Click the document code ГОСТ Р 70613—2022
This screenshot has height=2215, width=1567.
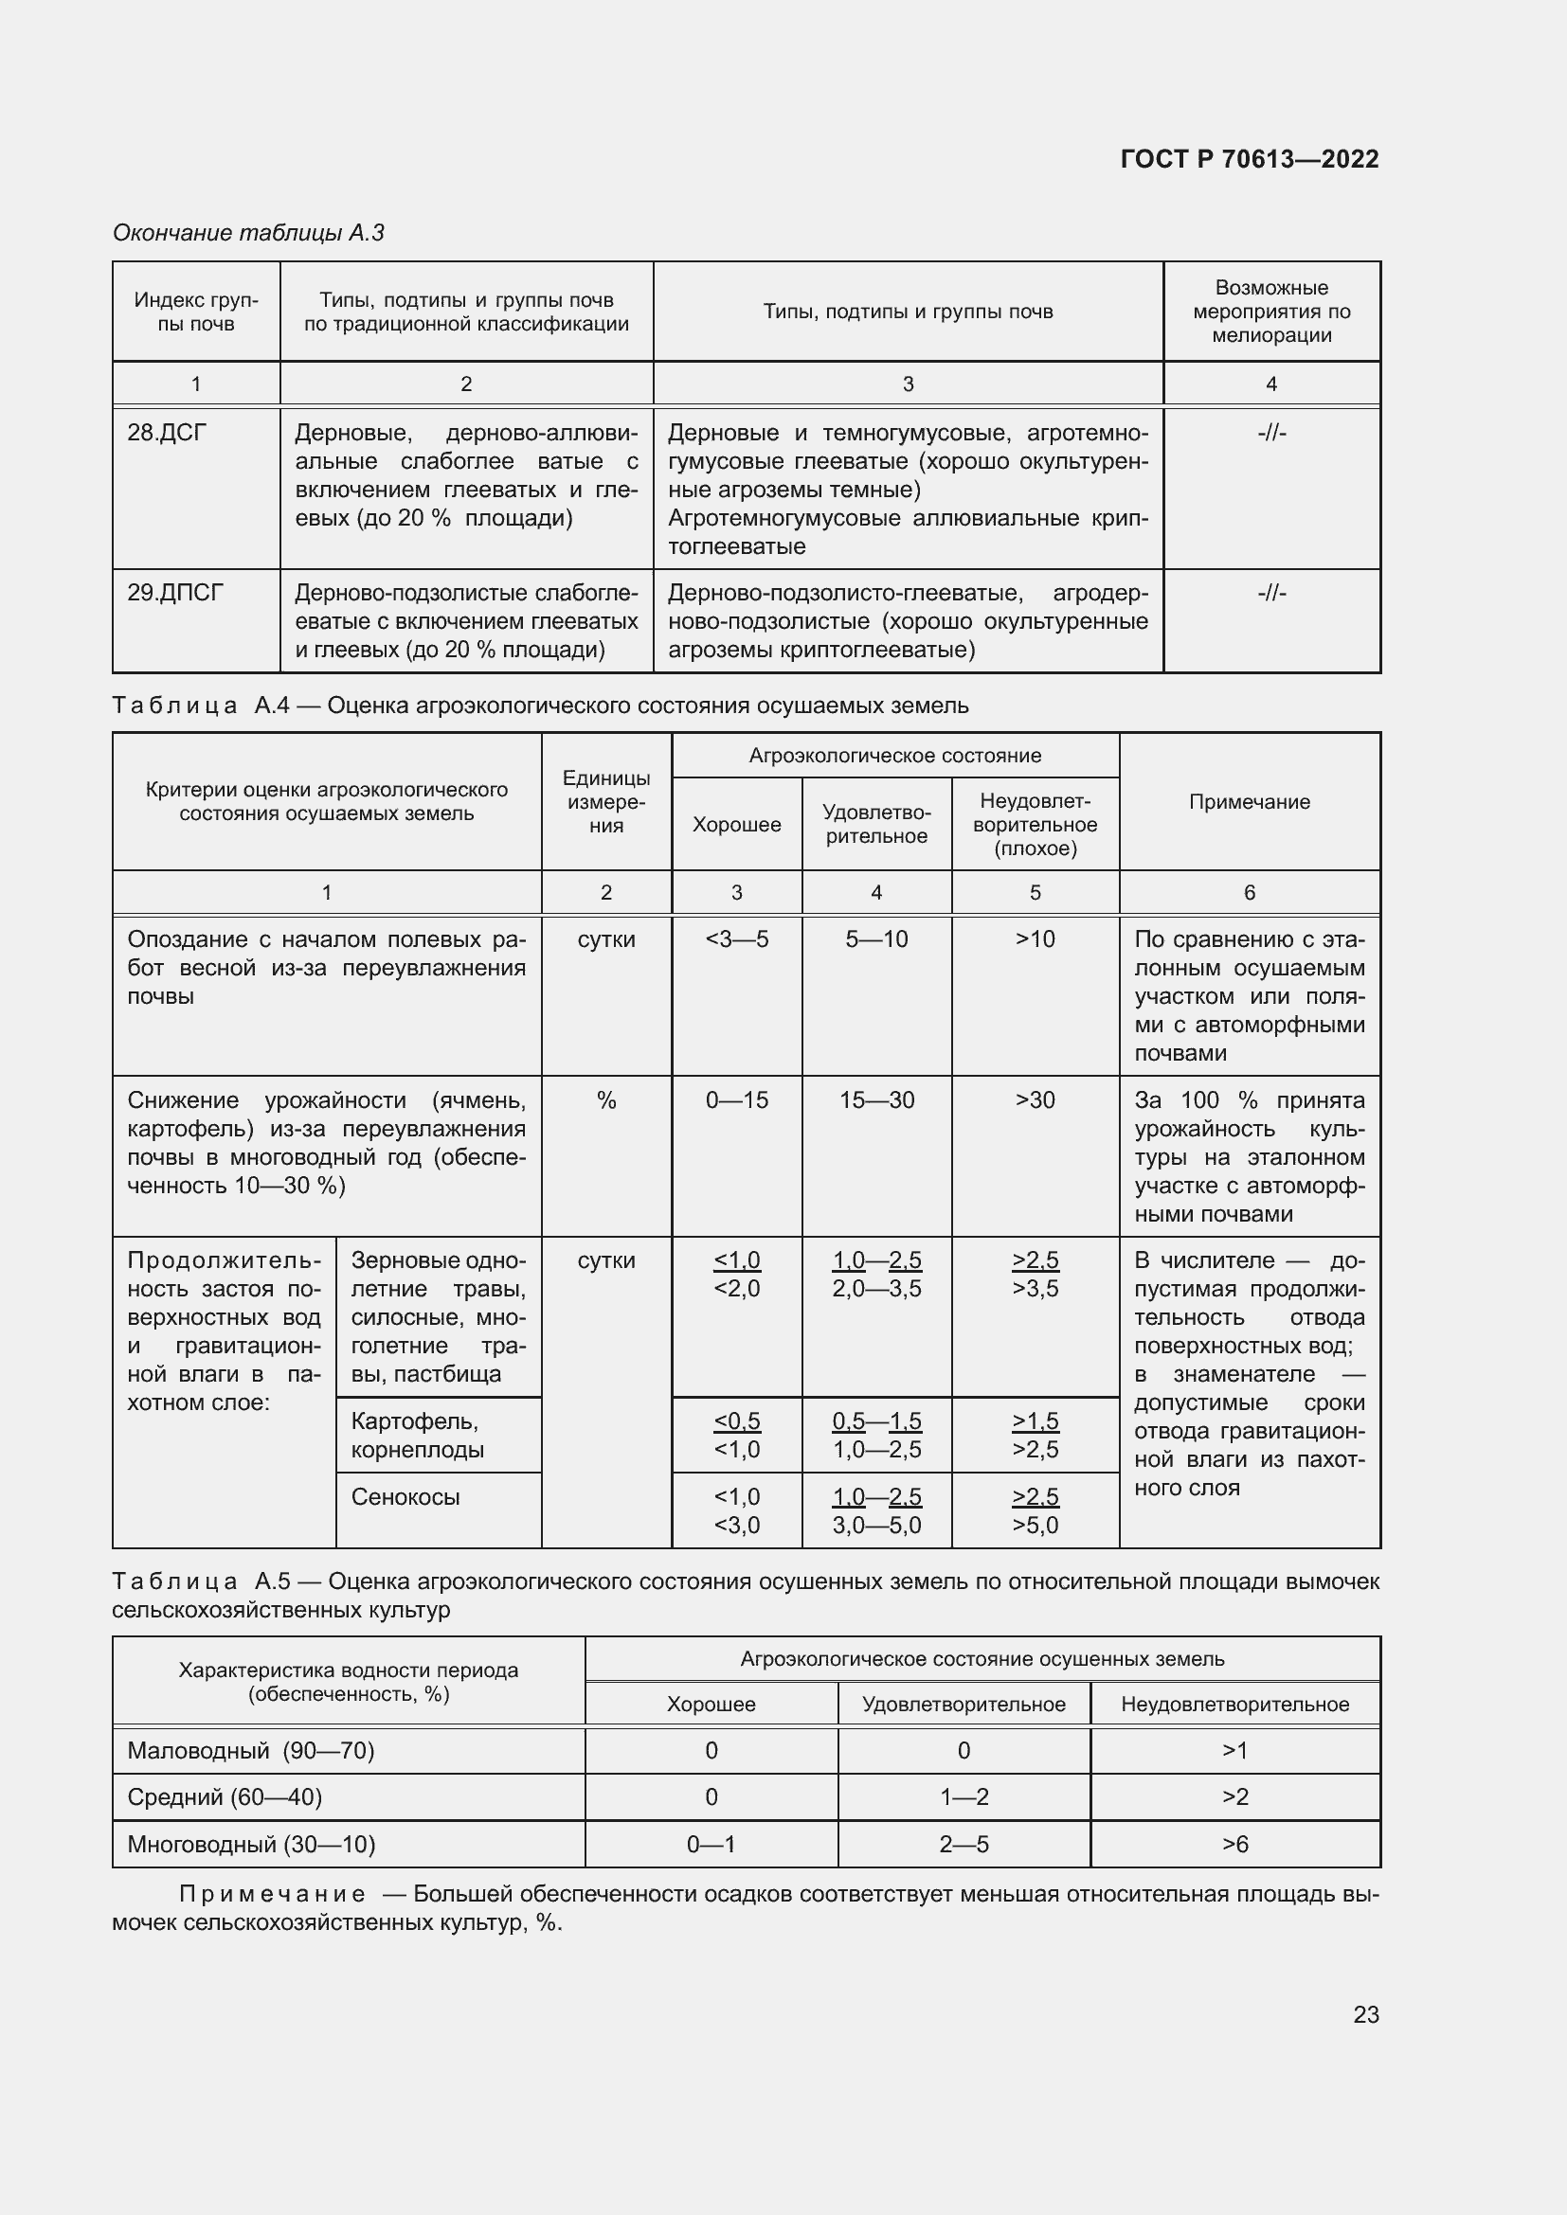pyautogui.click(x=1249, y=159)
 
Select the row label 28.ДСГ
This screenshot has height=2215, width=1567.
pyautogui.click(x=167, y=433)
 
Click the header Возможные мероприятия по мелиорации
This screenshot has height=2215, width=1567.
pyautogui.click(x=1270, y=312)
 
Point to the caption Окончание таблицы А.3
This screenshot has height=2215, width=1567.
pyautogui.click(x=248, y=233)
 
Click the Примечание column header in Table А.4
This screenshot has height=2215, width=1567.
pyautogui.click(x=1249, y=802)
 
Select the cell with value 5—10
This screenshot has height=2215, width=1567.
pyautogui.click(x=876, y=938)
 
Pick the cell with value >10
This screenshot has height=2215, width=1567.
pyautogui.click(x=1035, y=938)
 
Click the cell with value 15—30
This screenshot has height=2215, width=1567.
pyautogui.click(x=876, y=1099)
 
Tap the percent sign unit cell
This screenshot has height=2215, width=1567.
pyautogui.click(x=606, y=1099)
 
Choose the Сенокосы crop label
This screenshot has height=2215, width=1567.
pyautogui.click(x=405, y=1496)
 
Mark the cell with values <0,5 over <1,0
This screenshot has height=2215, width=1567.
pyautogui.click(x=736, y=1435)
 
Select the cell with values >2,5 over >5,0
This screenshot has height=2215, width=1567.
pyautogui.click(x=1035, y=1509)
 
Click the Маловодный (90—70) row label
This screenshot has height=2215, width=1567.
pyautogui.click(x=251, y=1750)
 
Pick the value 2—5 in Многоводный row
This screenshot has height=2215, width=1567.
pyautogui.click(x=963, y=1844)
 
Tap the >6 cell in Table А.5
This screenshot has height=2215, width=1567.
pyautogui.click(x=1234, y=1844)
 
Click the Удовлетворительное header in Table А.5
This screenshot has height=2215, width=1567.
pyautogui.click(x=963, y=1704)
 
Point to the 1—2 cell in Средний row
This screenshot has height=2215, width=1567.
pyautogui.click(x=963, y=1796)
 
